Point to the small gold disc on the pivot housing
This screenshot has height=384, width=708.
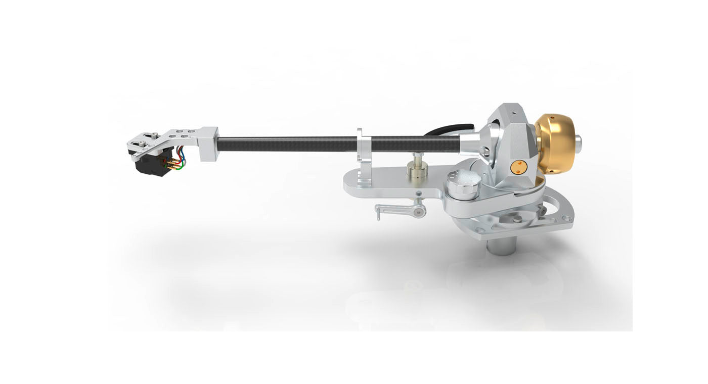[516, 167]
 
